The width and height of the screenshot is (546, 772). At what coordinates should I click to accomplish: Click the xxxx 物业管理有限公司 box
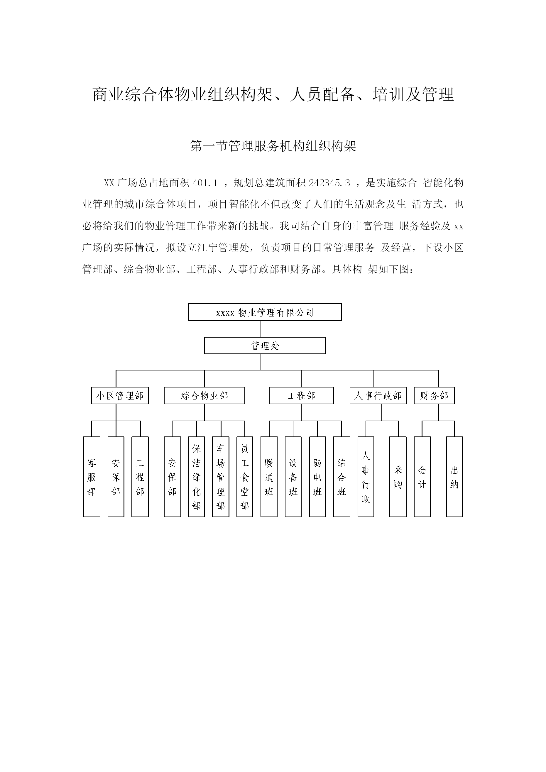pyautogui.click(x=265, y=312)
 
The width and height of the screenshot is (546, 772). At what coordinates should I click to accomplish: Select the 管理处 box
pyautogui.click(x=265, y=345)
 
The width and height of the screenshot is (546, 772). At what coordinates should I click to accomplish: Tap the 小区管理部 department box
pyautogui.click(x=120, y=395)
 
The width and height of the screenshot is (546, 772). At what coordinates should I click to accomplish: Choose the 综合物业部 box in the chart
pyautogui.click(x=204, y=395)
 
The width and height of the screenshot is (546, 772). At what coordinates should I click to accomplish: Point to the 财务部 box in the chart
pyautogui.click(x=434, y=395)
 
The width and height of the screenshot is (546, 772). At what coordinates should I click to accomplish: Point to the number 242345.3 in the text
pyautogui.click(x=329, y=183)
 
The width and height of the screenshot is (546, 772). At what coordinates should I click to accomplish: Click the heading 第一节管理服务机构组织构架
pyautogui.click(x=273, y=146)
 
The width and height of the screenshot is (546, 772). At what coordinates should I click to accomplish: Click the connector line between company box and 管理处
pyautogui.click(x=261, y=329)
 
